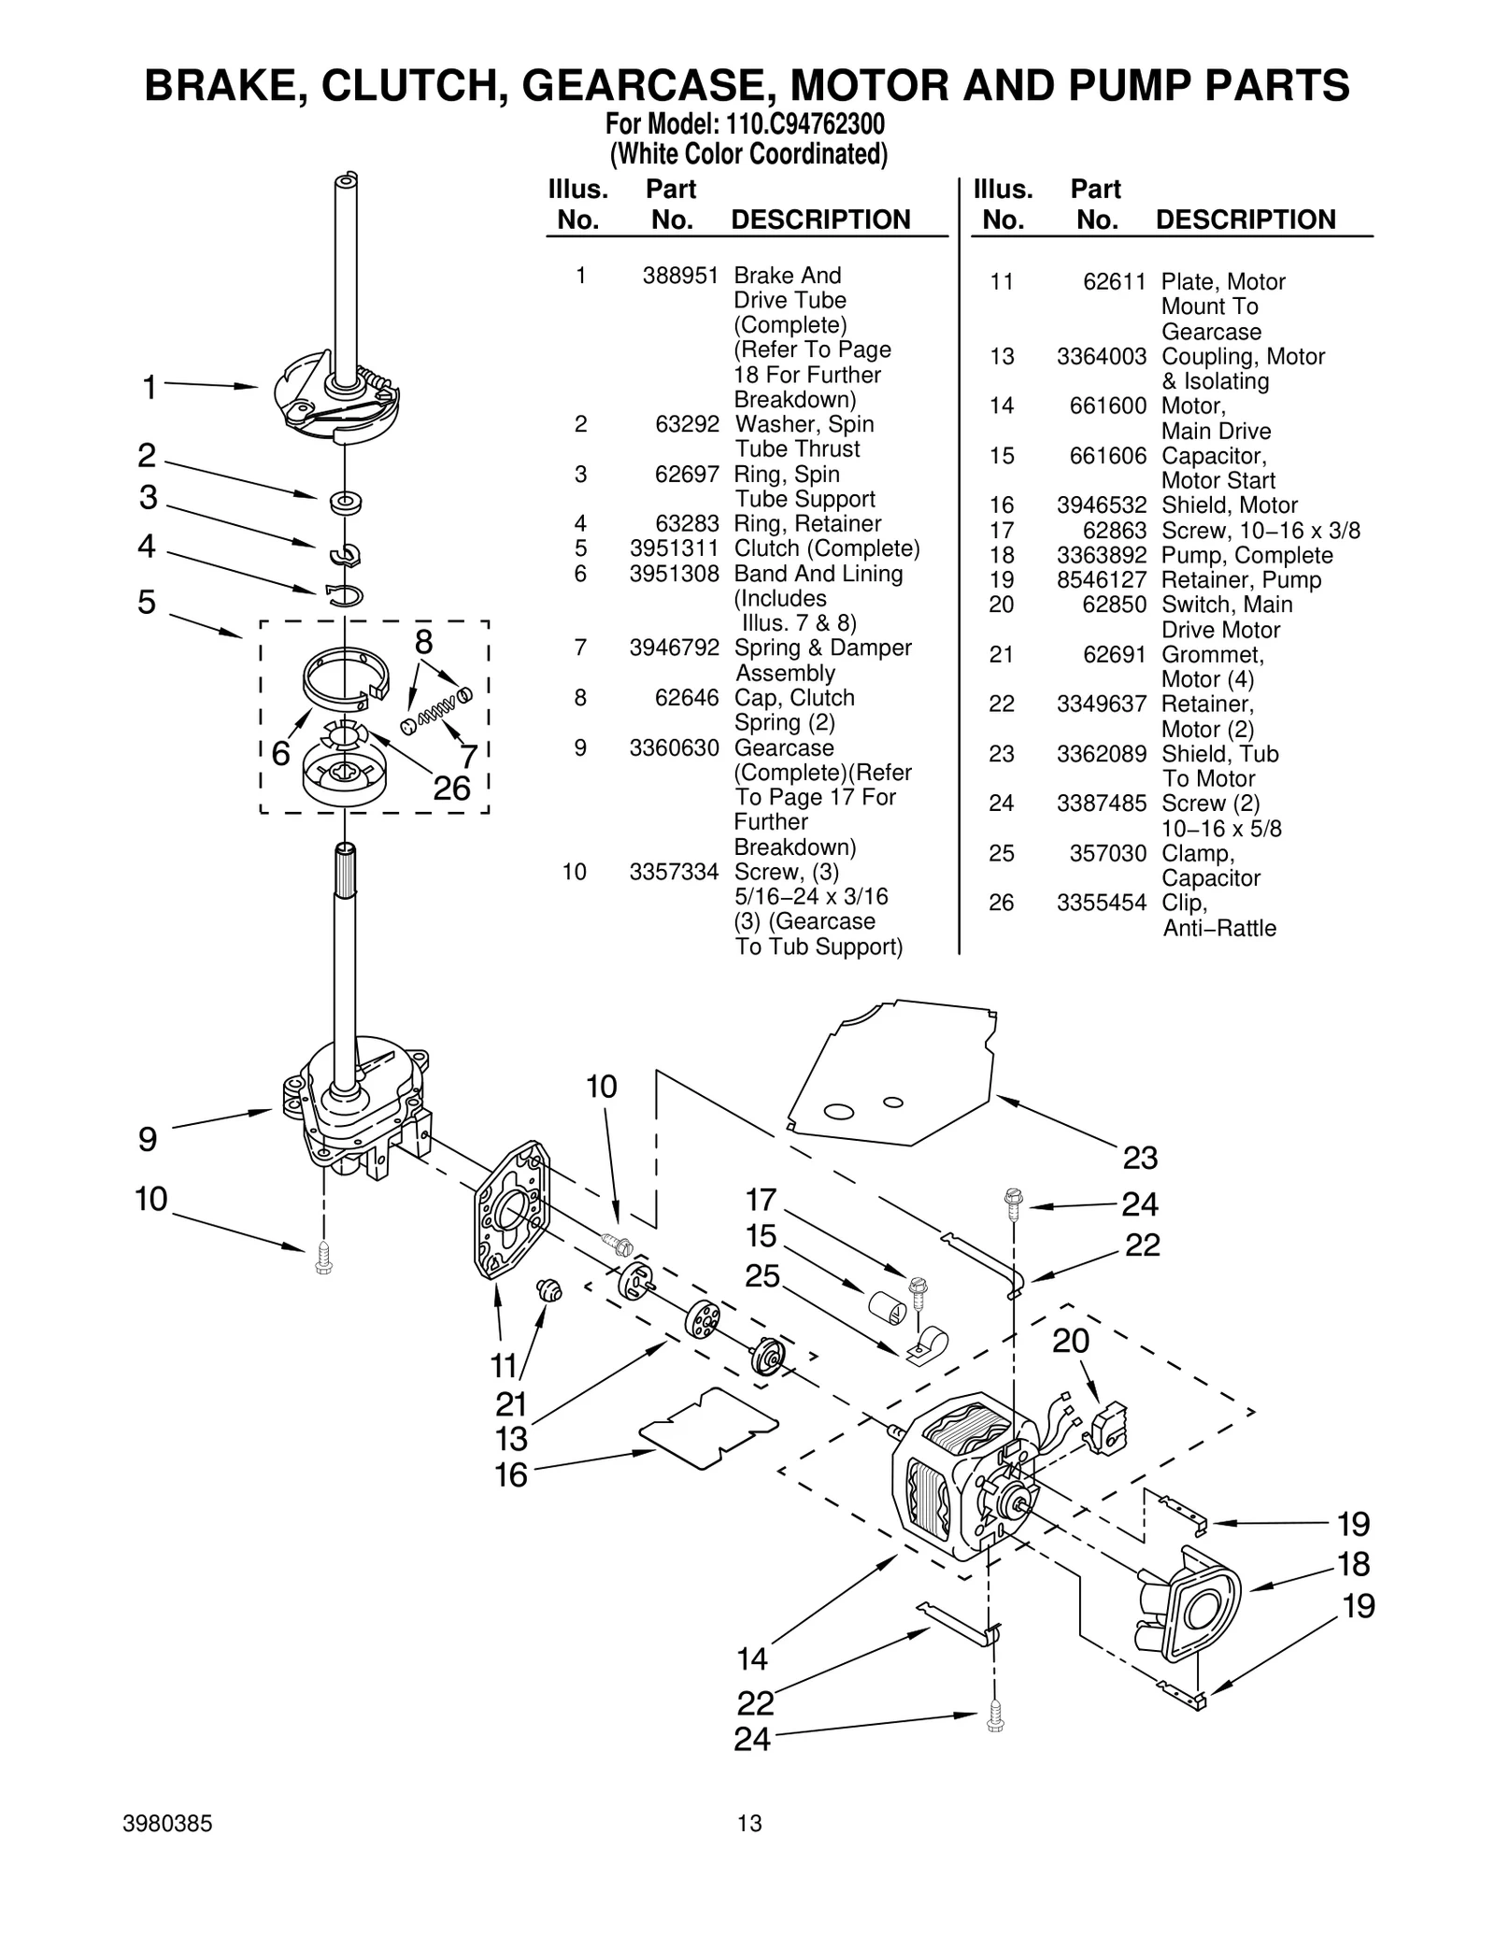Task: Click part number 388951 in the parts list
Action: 680,276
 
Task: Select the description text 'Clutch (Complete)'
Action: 826,548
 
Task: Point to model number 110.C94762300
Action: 804,124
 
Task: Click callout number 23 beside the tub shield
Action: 1140,1159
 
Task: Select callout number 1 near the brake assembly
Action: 149,387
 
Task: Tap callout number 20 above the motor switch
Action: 1071,1342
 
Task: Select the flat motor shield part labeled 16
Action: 708,1429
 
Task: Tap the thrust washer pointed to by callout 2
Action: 345,502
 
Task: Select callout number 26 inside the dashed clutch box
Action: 451,789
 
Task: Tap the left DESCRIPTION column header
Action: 819,220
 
